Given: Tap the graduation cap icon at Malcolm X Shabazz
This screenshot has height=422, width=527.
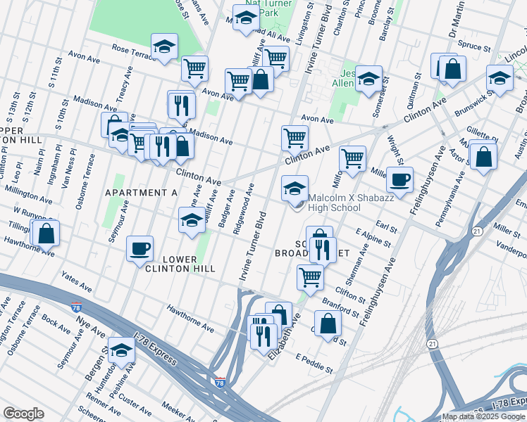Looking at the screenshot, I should [294, 188].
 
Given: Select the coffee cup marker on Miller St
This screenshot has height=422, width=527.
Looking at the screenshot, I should [399, 179].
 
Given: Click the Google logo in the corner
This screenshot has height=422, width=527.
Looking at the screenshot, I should [23, 414].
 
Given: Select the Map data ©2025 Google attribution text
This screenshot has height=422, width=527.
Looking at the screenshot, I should [483, 416].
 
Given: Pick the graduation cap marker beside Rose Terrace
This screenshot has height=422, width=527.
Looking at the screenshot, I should [164, 48].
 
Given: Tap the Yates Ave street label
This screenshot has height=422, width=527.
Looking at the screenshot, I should [77, 282].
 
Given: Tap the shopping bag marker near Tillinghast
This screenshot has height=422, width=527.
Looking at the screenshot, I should [46, 233].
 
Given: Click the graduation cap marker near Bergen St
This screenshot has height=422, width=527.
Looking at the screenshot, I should [121, 351].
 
